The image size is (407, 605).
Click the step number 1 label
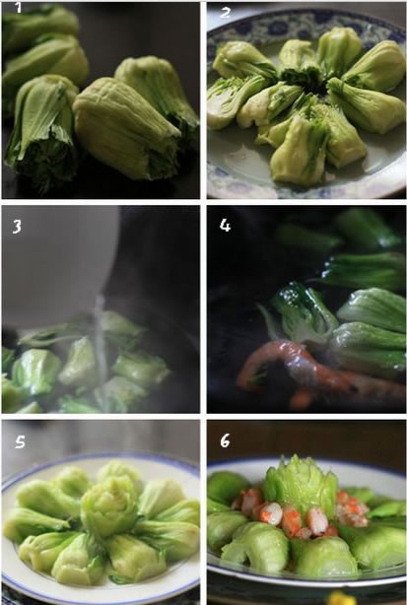(x=18, y=7)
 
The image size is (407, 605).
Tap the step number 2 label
(x=226, y=13)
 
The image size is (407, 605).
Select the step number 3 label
(x=17, y=227)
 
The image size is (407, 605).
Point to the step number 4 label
(x=225, y=225)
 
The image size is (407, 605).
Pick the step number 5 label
(x=20, y=441)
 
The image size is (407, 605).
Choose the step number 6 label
(x=225, y=440)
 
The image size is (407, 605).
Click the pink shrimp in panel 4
(x=308, y=370)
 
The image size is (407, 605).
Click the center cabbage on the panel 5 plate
(x=109, y=502)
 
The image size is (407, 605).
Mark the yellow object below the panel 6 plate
(x=342, y=598)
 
